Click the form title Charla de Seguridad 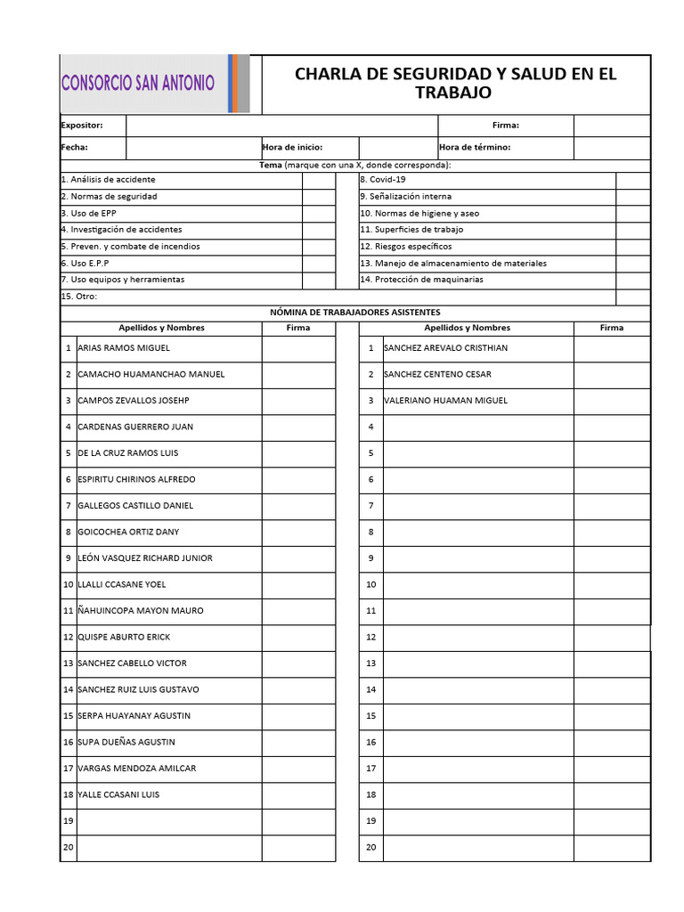(x=455, y=83)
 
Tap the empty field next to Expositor (x=282, y=126)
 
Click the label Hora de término (x=475, y=148)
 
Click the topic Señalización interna (x=406, y=197)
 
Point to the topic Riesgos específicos (x=406, y=247)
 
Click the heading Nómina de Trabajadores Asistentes (x=354, y=313)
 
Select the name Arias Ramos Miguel (x=124, y=348)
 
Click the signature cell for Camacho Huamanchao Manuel (x=297, y=375)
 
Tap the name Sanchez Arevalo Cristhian (x=445, y=348)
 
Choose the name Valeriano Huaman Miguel (x=445, y=401)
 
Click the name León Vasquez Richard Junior (x=145, y=558)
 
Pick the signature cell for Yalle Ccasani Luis (x=297, y=794)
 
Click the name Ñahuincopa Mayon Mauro (x=141, y=611)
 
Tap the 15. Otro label (x=79, y=297)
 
